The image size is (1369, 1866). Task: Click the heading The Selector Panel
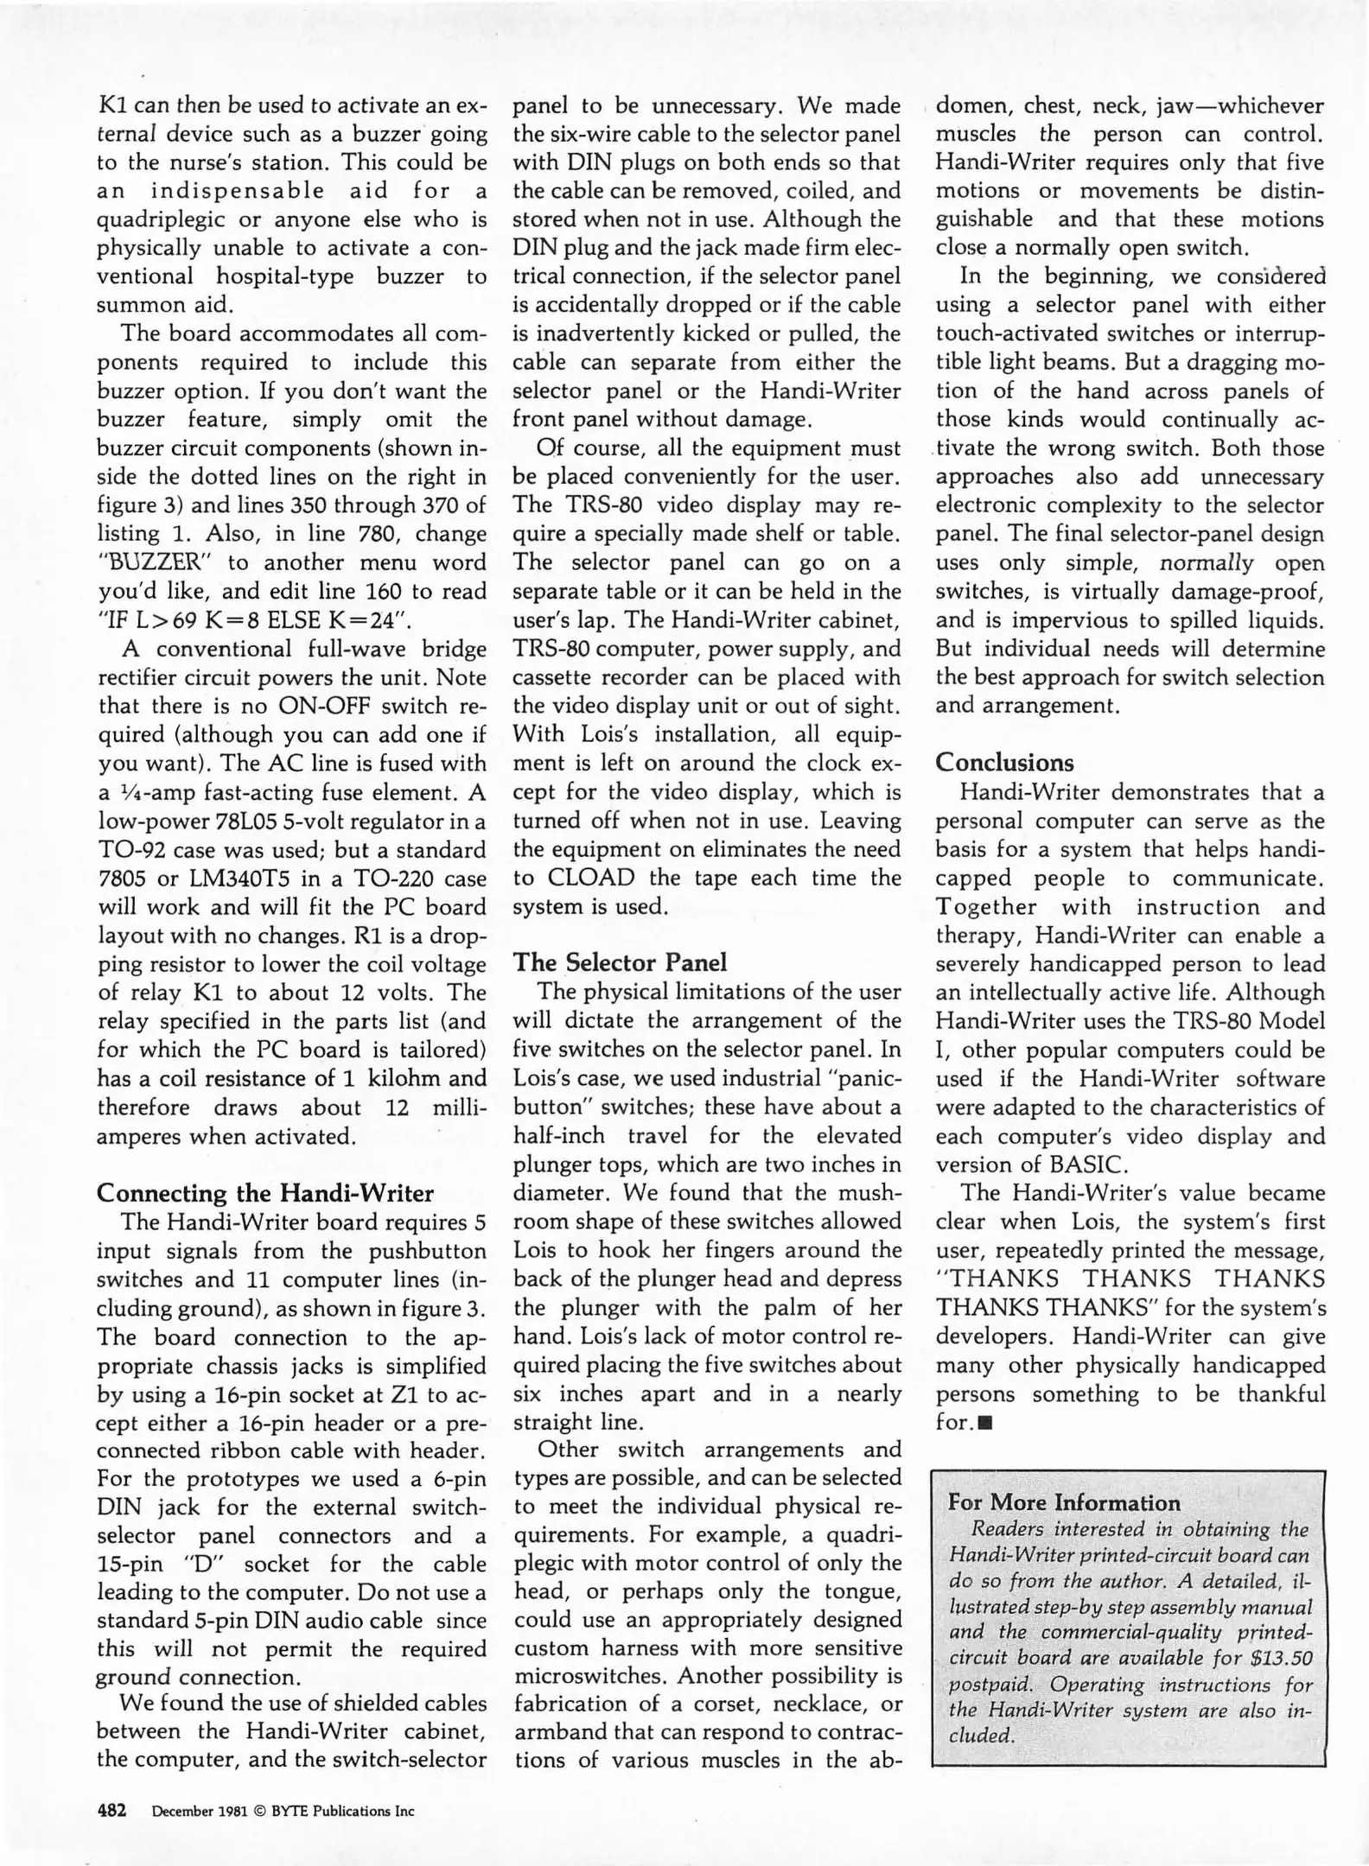point(620,962)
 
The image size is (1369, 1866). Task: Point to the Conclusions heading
point(1004,762)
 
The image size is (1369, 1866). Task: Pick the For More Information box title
point(1064,1501)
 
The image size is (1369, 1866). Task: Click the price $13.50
point(1282,1657)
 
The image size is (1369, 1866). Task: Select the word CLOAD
point(590,878)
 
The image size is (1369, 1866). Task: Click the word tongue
point(862,1590)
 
